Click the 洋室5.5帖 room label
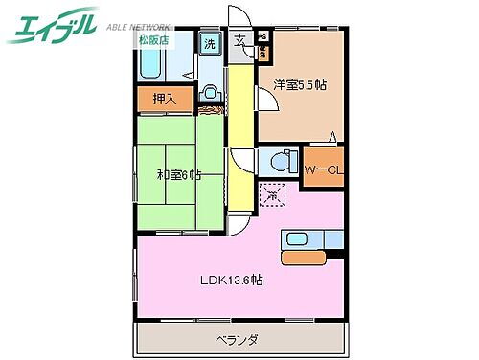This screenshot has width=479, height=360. (x=299, y=85)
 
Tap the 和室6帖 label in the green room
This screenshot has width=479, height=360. (x=179, y=174)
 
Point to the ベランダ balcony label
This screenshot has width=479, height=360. (x=238, y=339)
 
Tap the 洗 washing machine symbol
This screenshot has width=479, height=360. (x=209, y=43)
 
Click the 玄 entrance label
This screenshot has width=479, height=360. (x=239, y=41)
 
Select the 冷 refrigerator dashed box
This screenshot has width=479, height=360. (x=271, y=194)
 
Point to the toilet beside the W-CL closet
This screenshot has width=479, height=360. (x=277, y=161)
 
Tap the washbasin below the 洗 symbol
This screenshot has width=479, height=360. (x=210, y=94)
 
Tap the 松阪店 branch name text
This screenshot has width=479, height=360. (x=149, y=41)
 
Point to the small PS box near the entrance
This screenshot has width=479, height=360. (x=261, y=39)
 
